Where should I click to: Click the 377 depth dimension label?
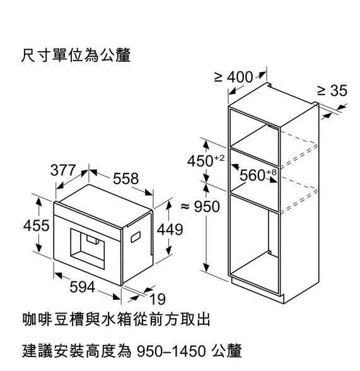[x=63, y=170]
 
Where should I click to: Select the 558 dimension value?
[x=125, y=179]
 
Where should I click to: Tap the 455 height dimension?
[x=37, y=225]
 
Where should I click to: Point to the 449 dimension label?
[x=170, y=229]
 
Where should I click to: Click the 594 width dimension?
[x=82, y=287]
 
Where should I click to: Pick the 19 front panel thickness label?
[x=158, y=299]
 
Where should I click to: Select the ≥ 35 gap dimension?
[x=332, y=90]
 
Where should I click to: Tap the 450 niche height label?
[x=200, y=162]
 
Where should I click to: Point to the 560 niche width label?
[x=252, y=175]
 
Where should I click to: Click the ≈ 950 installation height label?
[x=200, y=206]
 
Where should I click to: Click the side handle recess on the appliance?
[x=136, y=237]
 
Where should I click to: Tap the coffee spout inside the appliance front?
[x=93, y=240]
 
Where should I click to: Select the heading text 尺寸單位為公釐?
[x=76, y=56]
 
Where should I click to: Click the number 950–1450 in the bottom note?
[x=171, y=351]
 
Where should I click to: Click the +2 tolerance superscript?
[x=219, y=158]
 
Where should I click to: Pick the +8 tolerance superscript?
[x=271, y=172]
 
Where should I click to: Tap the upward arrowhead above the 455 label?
[x=38, y=201]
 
